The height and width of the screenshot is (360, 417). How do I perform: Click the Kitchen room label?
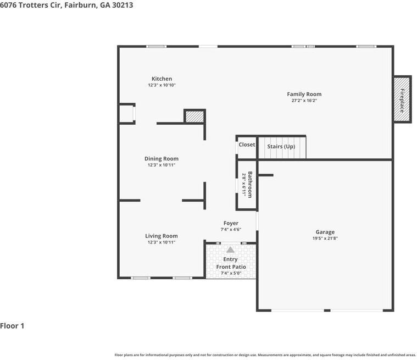(x=162, y=79)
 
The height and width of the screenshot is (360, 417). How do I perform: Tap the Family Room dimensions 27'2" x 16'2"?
(x=304, y=101)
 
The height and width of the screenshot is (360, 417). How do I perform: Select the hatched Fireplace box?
(x=402, y=99)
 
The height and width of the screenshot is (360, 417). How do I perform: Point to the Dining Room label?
(x=162, y=159)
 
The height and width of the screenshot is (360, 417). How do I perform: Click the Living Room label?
(x=162, y=236)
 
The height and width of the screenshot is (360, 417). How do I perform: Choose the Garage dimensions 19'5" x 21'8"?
(x=325, y=239)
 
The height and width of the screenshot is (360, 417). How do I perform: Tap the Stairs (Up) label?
(x=281, y=147)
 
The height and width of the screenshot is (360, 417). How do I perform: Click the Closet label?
(x=247, y=145)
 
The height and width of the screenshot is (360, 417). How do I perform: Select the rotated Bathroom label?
(x=250, y=184)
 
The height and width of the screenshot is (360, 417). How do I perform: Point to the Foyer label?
(x=231, y=223)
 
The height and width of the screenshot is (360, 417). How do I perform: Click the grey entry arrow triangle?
(x=230, y=250)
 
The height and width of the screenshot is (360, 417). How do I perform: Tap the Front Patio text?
(x=231, y=267)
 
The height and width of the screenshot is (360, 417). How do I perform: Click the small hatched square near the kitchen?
(x=194, y=117)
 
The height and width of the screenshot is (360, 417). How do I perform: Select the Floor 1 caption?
(x=12, y=326)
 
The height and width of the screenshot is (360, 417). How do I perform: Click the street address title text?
(x=66, y=5)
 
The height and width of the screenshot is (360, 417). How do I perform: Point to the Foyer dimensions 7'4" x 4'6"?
(x=231, y=229)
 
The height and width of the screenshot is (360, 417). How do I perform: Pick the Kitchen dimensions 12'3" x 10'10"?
(x=162, y=85)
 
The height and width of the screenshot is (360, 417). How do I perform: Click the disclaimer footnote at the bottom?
(x=265, y=355)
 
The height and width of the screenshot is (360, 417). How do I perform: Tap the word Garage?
(x=325, y=232)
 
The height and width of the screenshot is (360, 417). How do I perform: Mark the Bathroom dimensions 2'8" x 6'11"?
(x=244, y=185)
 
